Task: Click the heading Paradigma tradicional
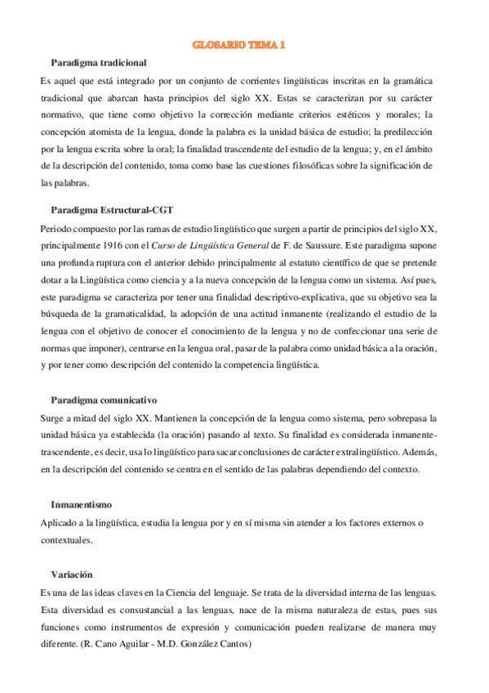tap(99, 63)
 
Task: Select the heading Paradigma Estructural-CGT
tap(112, 210)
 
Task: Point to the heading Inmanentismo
tap(81, 504)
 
